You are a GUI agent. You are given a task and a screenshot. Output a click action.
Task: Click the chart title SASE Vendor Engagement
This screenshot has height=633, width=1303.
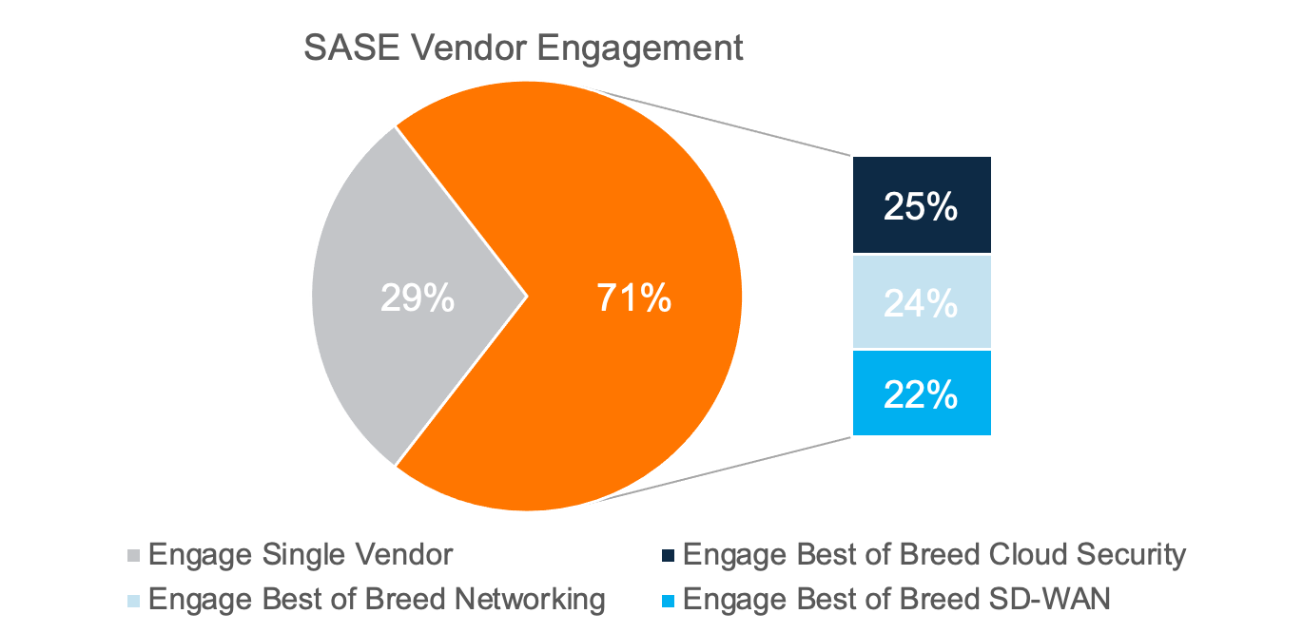point(523,48)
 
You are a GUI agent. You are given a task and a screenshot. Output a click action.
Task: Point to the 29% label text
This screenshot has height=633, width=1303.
point(417,298)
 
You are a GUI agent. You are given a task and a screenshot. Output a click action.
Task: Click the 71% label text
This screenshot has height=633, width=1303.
point(633,298)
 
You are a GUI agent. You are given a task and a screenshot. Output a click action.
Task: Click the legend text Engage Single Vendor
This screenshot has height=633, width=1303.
point(301,554)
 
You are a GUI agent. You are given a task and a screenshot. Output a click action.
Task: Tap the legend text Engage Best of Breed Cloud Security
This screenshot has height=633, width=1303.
point(934,554)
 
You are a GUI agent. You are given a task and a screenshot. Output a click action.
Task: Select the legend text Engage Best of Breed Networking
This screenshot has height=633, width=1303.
point(377,600)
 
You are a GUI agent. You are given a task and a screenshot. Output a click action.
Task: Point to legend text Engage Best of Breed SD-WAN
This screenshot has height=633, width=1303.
point(897,600)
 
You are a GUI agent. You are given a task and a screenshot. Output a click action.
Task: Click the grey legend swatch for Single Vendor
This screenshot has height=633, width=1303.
point(134,555)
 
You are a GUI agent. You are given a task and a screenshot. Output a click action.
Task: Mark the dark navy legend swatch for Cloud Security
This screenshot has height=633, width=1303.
point(670,555)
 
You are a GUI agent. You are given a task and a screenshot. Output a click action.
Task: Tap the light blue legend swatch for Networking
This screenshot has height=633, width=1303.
point(134,601)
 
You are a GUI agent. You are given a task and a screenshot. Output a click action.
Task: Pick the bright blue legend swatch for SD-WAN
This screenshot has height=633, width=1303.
point(670,601)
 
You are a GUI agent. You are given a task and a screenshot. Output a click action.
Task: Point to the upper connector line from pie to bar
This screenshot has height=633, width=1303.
point(732,125)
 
